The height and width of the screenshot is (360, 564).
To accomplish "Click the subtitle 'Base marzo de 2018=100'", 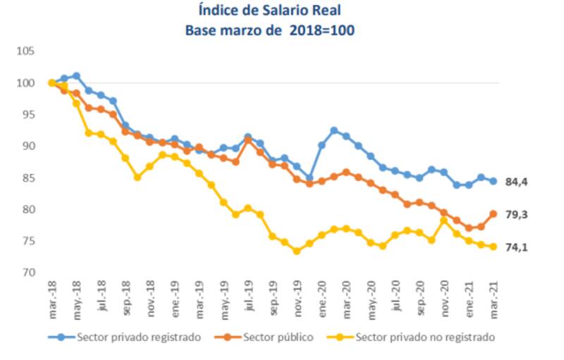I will coord(270,31).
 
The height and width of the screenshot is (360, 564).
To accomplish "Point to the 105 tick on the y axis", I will coord(27,51).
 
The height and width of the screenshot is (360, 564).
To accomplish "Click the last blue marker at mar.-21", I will coord(493,181).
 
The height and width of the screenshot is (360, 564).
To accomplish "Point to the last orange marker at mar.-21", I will coord(493,213).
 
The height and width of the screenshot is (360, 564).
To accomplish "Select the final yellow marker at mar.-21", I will coord(493,247).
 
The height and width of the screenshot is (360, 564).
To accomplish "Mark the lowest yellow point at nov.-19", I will coord(297,251).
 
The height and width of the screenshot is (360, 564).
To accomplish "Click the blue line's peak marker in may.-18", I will coord(76,76).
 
